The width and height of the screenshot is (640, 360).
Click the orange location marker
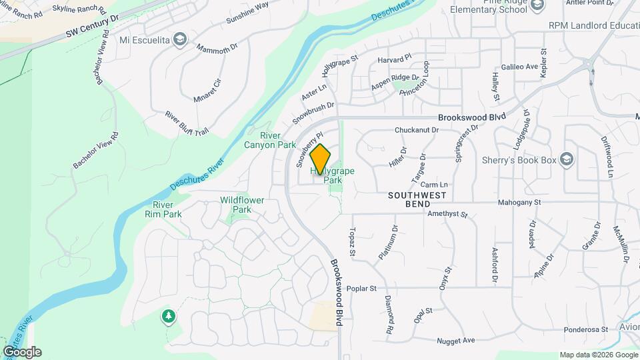pyautogui.click(x=320, y=159)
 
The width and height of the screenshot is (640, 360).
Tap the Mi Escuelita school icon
pyautogui.click(x=179, y=39)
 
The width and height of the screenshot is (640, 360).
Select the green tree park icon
pyautogui.click(x=169, y=315)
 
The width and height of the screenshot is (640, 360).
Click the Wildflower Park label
pyautogui.click(x=242, y=205)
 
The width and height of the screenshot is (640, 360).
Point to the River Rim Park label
pyautogui.click(x=163, y=209)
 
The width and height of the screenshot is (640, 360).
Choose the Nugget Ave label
pyautogui.click(x=455, y=340)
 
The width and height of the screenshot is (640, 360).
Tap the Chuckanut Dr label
pyautogui.click(x=417, y=130)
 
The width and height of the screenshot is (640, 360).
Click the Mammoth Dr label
pyautogui.click(x=217, y=48)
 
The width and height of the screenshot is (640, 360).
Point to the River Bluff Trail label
pyautogui.click(x=187, y=123)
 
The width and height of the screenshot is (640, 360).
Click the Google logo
pyautogui.click(x=22, y=352)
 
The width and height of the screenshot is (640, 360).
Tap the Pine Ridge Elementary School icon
pyautogui.click(x=538, y=5)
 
